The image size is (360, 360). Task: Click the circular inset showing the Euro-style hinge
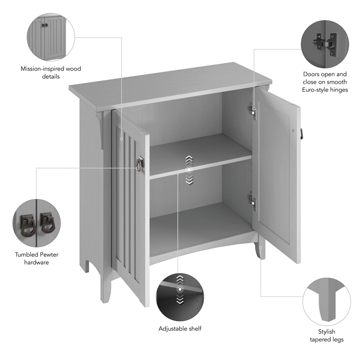[325, 41]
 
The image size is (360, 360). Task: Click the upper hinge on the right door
[252, 110]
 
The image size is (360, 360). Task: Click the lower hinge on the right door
[252, 201]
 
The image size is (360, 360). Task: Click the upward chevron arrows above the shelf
[189, 159]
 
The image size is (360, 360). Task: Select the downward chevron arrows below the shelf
[189, 180]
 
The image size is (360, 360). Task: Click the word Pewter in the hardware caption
[49, 255]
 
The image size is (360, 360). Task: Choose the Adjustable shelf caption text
[180, 328]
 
